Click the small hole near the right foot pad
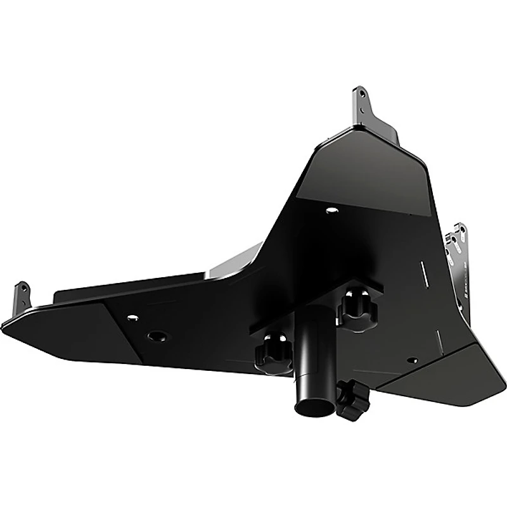tap(413, 361)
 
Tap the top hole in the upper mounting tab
tap(361, 94)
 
